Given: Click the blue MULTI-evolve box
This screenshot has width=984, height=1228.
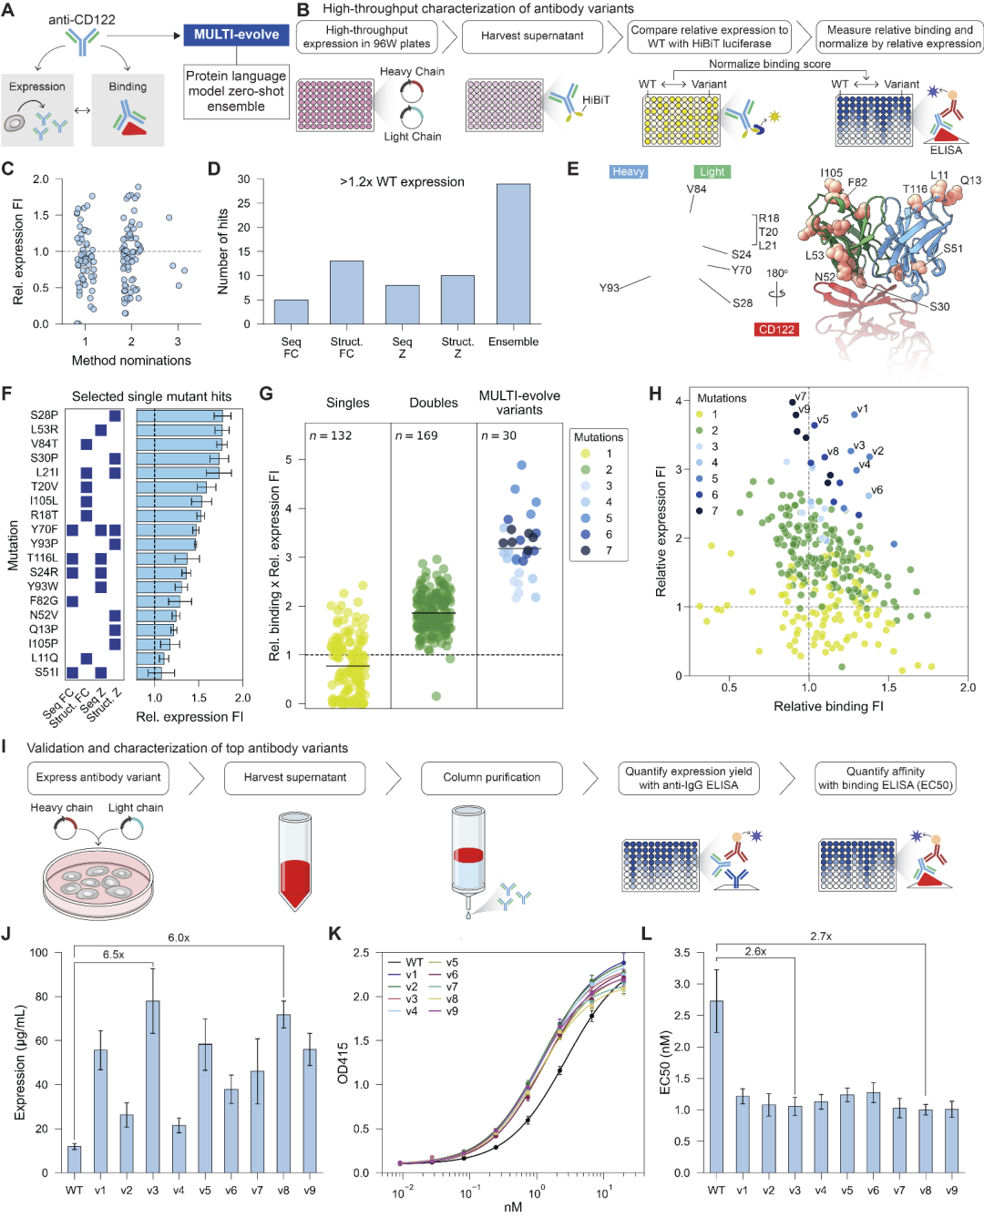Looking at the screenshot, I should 237,35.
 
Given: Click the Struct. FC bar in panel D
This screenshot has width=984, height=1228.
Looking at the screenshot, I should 346,292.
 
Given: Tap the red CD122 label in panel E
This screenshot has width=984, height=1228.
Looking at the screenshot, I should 776,329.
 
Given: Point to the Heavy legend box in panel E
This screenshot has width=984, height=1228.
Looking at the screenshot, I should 628,171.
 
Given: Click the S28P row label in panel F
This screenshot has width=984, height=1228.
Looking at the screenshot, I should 44,415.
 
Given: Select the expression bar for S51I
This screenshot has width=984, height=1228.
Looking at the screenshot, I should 149,672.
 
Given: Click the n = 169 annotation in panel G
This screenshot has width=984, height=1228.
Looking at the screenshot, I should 416,435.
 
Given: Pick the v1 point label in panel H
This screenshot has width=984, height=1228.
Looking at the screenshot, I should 863,409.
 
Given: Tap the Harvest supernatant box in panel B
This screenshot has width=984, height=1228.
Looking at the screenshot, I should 532,36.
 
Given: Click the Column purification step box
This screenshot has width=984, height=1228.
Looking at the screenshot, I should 491,778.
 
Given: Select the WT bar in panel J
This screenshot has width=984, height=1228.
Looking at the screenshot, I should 74,1159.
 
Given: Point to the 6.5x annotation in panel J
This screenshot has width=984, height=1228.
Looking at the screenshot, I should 113,955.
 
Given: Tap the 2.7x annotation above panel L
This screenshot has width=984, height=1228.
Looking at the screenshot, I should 820,936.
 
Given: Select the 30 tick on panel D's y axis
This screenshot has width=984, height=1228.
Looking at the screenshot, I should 243,179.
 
